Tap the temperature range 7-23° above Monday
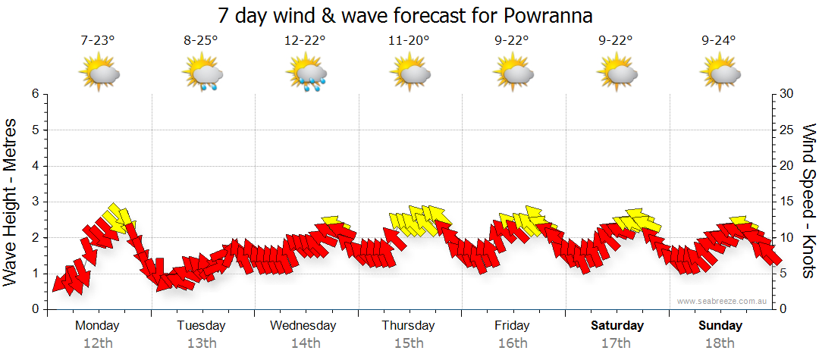[98, 41]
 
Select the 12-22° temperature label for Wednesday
[305, 41]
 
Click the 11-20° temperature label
[409, 41]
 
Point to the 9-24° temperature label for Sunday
[719, 41]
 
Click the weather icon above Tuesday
[202, 74]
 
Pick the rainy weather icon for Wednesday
[306, 74]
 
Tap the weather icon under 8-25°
[202, 74]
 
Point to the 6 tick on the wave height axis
[34, 94]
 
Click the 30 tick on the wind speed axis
[788, 94]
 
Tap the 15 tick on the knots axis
[788, 202]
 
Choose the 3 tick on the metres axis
[34, 202]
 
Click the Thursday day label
[408, 326]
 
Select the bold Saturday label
[617, 326]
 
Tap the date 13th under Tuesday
[201, 343]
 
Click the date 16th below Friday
[512, 343]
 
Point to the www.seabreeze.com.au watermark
[723, 301]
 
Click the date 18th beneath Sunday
[720, 343]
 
